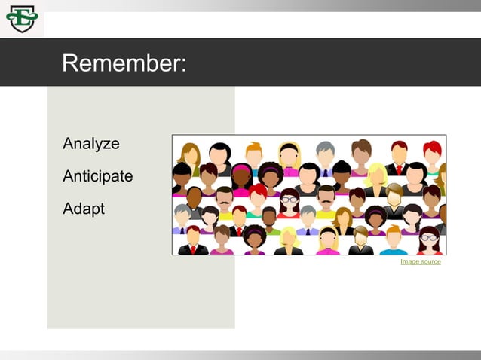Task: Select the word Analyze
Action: pos(90,143)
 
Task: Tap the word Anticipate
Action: pos(97,176)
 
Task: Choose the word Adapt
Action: pos(83,209)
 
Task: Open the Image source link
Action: pos(420,261)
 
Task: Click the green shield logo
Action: pos(21,19)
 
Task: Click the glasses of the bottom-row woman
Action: pos(428,238)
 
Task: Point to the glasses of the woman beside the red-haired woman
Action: pos(290,200)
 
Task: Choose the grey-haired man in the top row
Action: pos(325,154)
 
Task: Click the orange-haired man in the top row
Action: pos(254,153)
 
